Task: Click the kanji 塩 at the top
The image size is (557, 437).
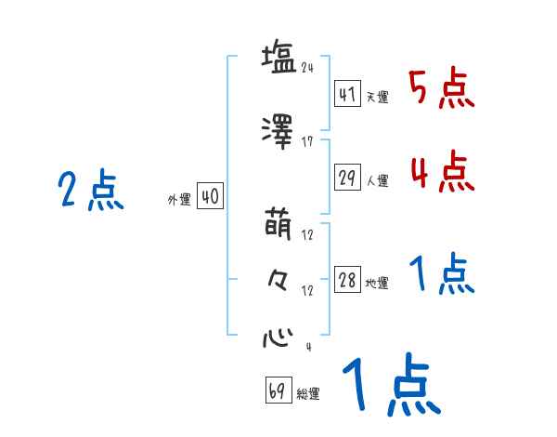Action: (278, 58)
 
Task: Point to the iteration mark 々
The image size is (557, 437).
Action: (278, 278)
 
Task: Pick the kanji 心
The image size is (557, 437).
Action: (278, 335)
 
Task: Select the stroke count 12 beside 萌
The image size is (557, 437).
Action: (308, 235)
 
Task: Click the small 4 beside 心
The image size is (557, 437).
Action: (307, 347)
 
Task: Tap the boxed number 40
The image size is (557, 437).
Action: (211, 197)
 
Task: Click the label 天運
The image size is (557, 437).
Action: (377, 98)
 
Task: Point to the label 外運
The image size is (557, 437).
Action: (178, 199)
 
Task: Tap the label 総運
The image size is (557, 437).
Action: (307, 394)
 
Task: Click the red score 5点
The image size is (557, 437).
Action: (442, 89)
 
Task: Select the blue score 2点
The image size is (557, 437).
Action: (90, 192)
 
